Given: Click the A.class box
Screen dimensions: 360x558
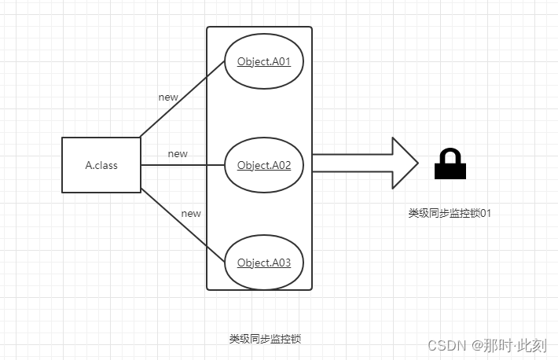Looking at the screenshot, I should click(101, 165).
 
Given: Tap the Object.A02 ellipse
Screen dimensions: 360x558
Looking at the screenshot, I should click(264, 165).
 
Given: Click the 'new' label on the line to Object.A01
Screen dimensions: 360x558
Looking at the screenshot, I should click(168, 97).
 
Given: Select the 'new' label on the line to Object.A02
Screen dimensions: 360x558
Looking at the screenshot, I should click(178, 153).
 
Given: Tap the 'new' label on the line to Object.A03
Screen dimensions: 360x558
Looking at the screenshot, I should click(191, 213).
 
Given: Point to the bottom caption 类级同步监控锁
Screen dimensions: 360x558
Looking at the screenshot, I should click(265, 339).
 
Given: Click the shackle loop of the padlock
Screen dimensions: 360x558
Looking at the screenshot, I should click(450, 156).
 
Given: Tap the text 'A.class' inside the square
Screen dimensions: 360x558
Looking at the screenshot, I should click(101, 165).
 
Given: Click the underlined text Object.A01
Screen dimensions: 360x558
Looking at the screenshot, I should click(264, 62).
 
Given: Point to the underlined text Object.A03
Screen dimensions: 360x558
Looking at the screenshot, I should click(264, 263).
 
